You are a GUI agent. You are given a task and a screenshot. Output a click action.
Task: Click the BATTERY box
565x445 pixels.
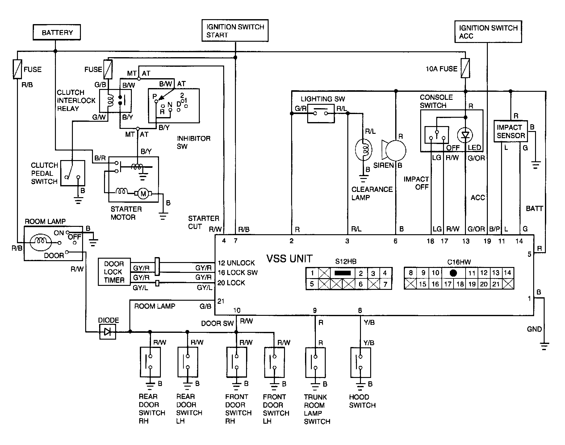tap(57, 32)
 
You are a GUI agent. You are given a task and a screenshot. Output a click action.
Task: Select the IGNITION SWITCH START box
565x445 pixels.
tap(235, 31)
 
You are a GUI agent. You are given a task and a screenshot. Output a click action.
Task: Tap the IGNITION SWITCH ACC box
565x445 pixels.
tap(488, 32)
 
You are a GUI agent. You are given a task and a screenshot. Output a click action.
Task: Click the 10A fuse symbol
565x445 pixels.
tap(465, 68)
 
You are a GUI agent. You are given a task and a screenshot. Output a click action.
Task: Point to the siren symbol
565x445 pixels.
tap(394, 150)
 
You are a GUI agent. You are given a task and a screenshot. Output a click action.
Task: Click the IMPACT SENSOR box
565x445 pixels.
tap(511, 131)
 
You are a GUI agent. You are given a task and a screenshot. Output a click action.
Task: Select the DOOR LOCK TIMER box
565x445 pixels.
tap(114, 272)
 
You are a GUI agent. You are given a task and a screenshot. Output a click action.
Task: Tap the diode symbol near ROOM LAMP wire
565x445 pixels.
tap(107, 332)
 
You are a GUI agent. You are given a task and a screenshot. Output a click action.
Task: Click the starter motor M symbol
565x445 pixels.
tap(143, 194)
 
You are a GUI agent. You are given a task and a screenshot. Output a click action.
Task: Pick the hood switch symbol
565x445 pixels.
tap(360, 362)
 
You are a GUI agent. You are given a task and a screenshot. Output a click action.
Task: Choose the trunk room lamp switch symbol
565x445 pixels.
tap(316, 362)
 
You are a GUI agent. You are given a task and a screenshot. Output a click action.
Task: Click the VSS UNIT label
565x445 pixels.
tap(290, 258)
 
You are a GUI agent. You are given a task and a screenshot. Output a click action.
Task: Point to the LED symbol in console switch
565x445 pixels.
tap(465, 135)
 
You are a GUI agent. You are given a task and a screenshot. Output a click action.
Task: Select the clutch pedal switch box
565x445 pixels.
tap(73, 173)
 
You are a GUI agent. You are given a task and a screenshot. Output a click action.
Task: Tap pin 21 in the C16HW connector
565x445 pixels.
tap(496, 284)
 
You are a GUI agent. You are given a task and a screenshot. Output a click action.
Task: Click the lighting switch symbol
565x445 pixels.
tap(321, 113)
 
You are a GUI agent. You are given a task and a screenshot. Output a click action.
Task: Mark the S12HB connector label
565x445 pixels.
tap(346, 262)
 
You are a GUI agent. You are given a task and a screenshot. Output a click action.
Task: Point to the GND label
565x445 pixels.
tap(534, 329)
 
